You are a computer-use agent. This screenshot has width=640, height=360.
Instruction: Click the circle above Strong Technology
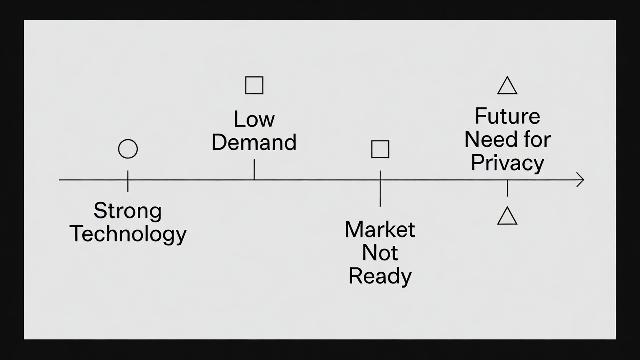(x=128, y=149)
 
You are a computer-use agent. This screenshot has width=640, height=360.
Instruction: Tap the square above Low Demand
(x=254, y=85)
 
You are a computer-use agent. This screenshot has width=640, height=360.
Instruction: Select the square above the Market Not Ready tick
(x=380, y=149)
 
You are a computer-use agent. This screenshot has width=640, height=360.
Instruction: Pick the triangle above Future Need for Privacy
(x=507, y=86)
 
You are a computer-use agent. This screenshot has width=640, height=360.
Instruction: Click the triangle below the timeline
(x=507, y=217)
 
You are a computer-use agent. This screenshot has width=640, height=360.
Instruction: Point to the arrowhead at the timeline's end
(x=581, y=180)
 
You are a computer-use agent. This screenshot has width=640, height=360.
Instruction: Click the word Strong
(x=128, y=211)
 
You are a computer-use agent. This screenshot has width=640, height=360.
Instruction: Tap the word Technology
(x=128, y=234)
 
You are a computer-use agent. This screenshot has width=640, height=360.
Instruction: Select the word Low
(x=254, y=119)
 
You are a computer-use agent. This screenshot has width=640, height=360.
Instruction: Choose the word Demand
(x=254, y=142)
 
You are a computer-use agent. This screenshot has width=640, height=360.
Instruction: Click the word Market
(x=380, y=230)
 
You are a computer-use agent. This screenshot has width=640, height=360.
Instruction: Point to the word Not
(x=380, y=253)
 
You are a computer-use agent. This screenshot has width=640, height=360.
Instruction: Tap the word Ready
(x=380, y=276)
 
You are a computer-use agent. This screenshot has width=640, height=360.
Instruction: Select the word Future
(x=507, y=116)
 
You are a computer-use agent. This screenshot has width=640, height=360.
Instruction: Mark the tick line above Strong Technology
(x=128, y=181)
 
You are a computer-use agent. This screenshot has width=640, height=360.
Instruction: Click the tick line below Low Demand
(x=254, y=169)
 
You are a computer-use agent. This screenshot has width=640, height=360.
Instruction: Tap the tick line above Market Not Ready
(x=380, y=188)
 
